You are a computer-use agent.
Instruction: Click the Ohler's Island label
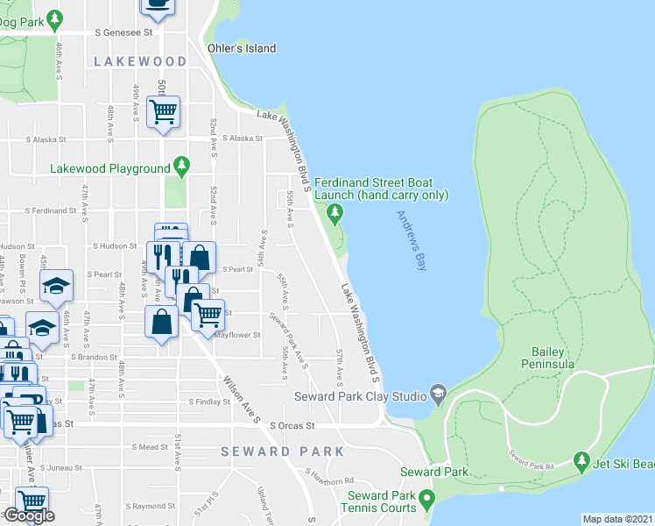(241, 48)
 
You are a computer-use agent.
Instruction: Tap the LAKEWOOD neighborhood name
(141, 61)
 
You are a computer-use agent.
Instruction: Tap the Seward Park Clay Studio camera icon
(439, 393)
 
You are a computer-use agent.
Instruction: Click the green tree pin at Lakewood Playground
(181, 165)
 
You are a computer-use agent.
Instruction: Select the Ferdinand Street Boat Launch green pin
(334, 211)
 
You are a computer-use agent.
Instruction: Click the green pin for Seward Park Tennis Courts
(426, 500)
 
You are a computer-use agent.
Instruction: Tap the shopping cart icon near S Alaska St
(163, 111)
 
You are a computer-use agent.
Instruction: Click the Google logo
(29, 515)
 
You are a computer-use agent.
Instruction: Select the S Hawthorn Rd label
(329, 477)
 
